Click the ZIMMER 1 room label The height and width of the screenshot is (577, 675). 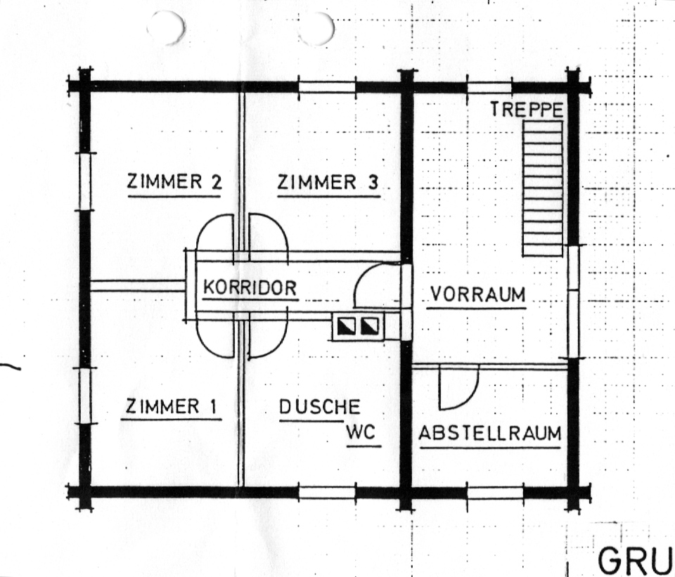[172, 407]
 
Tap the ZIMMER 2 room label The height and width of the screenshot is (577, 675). [174, 182]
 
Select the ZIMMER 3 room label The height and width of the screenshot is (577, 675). [328, 183]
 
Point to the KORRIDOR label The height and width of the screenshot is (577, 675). [250, 287]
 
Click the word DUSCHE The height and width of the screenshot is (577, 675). [320, 407]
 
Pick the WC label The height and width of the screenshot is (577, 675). [361, 432]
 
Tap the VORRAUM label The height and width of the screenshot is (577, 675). [478, 295]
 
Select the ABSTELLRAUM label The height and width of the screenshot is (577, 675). [490, 434]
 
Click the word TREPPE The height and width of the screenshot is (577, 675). [527, 110]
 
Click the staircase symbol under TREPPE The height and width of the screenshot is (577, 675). [543, 188]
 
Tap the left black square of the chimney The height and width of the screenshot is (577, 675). [345, 326]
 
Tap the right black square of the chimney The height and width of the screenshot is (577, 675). [369, 326]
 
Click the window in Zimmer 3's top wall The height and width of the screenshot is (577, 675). [327, 86]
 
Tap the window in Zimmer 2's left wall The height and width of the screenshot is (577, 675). [85, 181]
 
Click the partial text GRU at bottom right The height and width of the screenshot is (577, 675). [634, 561]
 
